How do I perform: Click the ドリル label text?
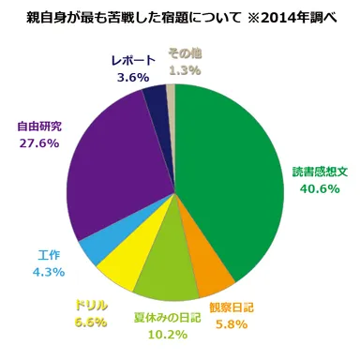tap(92, 306)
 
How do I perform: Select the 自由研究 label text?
tap(39, 125)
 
